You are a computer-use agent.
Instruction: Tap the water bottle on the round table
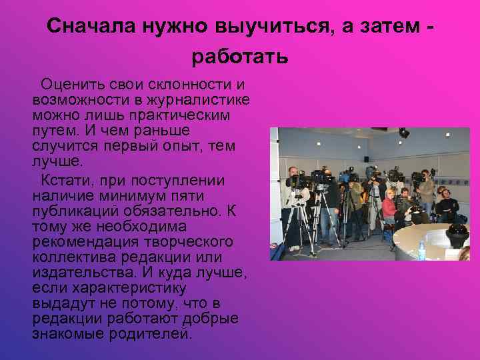422,251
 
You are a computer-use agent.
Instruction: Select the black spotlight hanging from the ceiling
404,133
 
